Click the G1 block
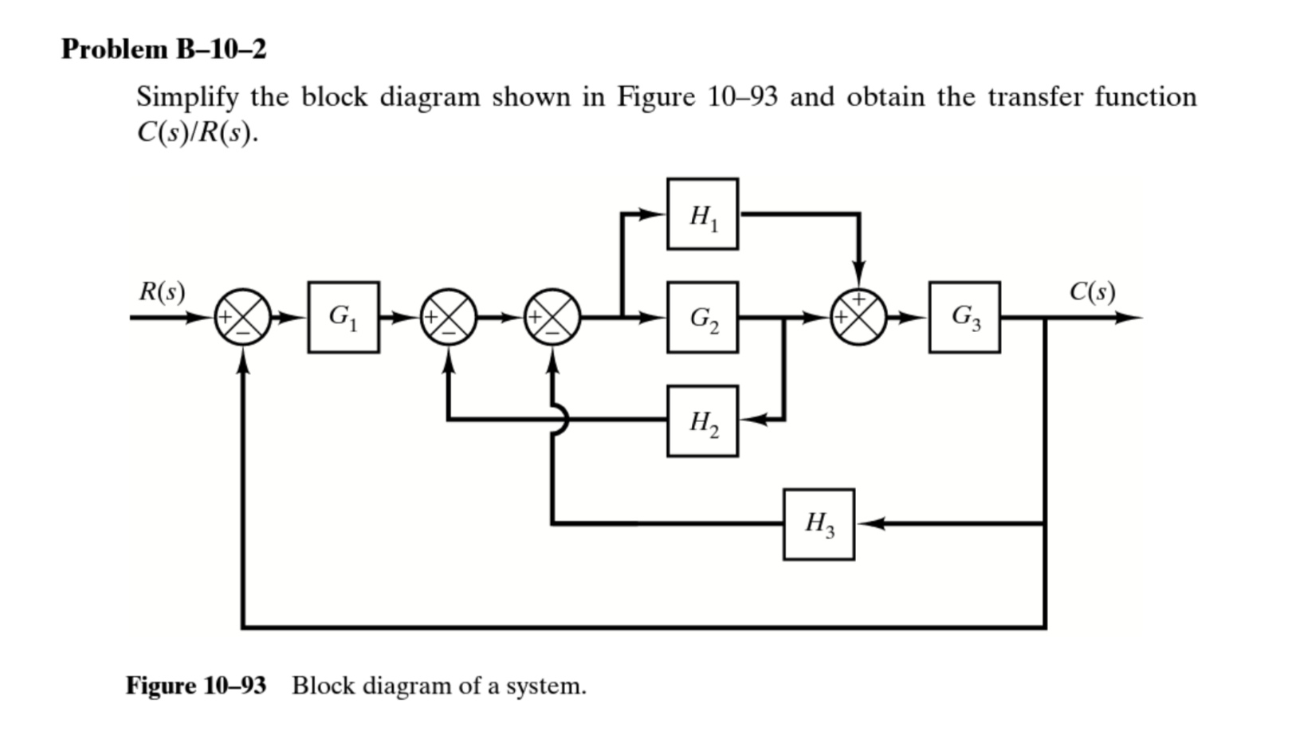tap(344, 317)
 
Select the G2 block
tap(702, 317)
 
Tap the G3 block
tap(964, 317)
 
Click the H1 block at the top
tap(702, 214)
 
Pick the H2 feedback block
tap(702, 421)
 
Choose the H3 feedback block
tap(819, 524)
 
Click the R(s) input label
tap(162, 291)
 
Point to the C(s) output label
tap(1092, 291)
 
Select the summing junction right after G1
tap(449, 317)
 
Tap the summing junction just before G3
tap(858, 317)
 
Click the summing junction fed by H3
tap(552, 317)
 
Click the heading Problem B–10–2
tap(164, 49)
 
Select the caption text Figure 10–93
tap(196, 685)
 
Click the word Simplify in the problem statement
tap(187, 97)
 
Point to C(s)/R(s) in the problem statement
tap(197, 132)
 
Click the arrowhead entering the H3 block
tap(867, 524)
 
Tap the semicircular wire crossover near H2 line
tap(561, 419)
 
